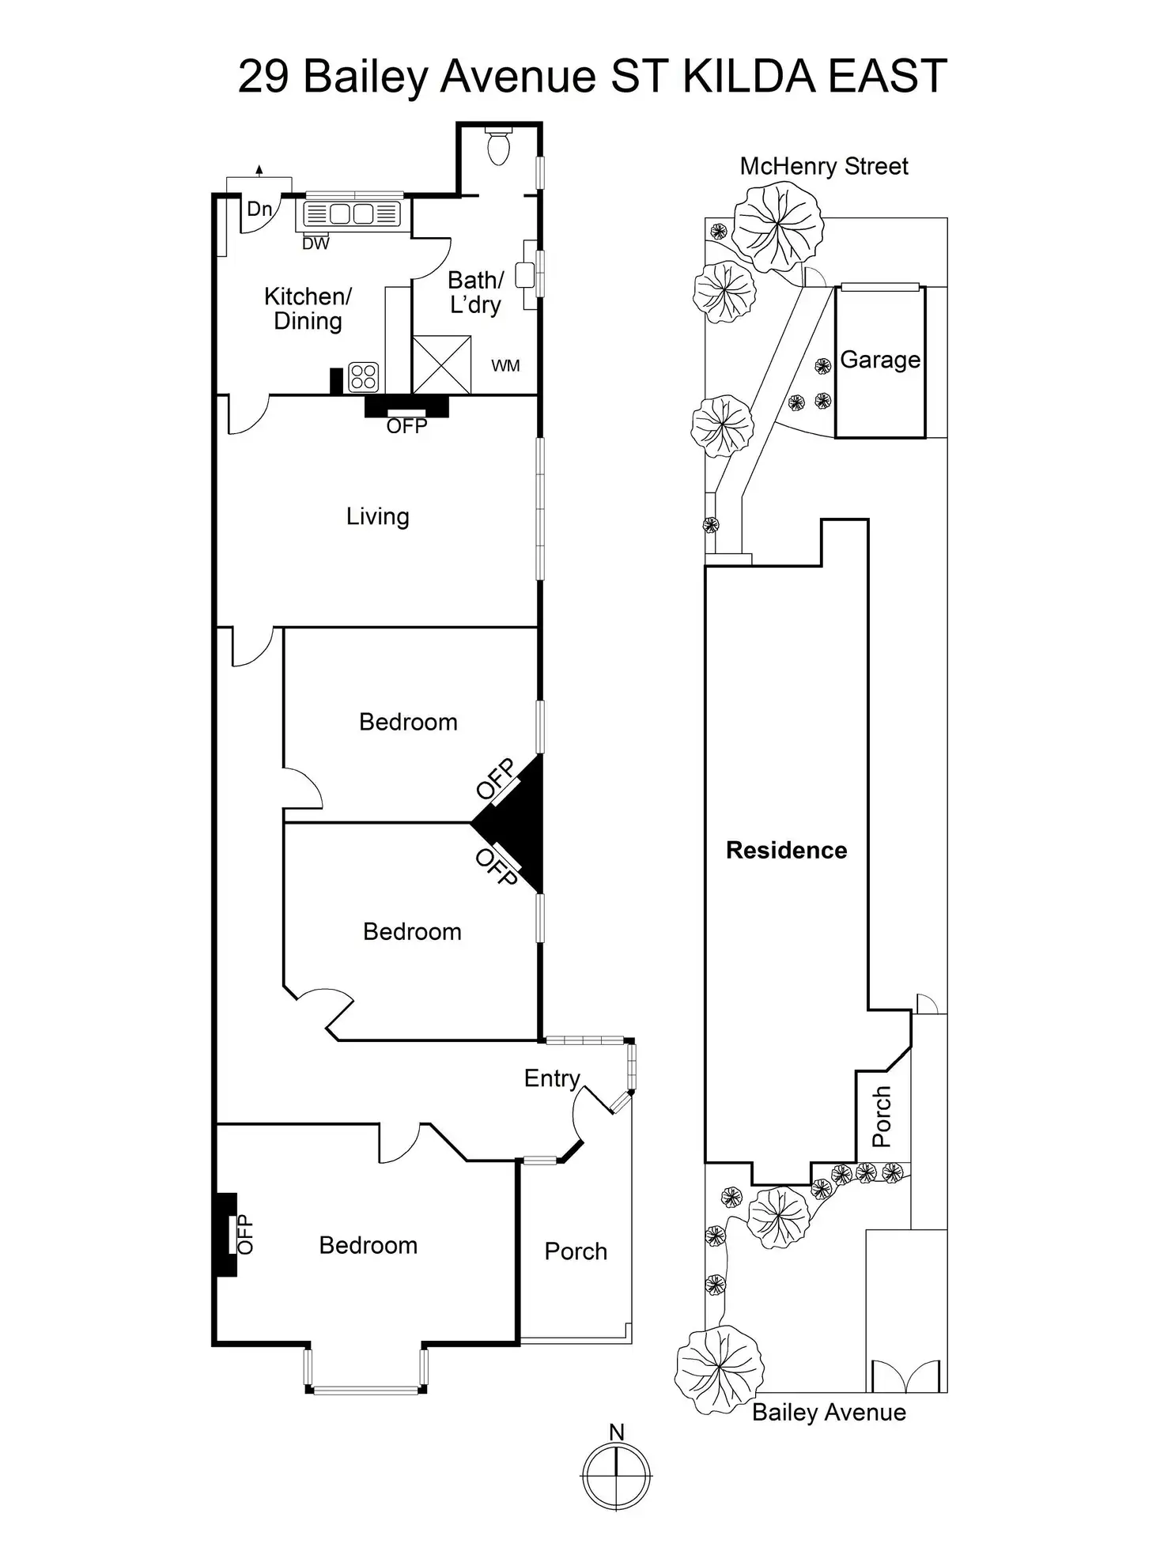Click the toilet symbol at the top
coord(498,146)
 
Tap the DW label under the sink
coord(316,243)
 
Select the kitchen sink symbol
coord(352,214)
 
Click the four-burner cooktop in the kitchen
coord(363,377)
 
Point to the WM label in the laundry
coord(505,366)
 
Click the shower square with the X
coord(441,364)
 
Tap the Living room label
coord(377,516)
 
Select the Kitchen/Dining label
coord(308,308)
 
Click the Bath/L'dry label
coord(475,292)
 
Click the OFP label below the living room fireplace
coord(406,426)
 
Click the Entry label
coord(551,1078)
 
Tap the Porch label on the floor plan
coord(576,1251)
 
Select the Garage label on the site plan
coord(879,360)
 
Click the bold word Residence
coord(786,850)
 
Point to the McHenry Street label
coord(824,166)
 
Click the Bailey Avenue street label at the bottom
coord(829,1412)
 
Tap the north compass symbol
coord(616,1475)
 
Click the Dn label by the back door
coord(259,209)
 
